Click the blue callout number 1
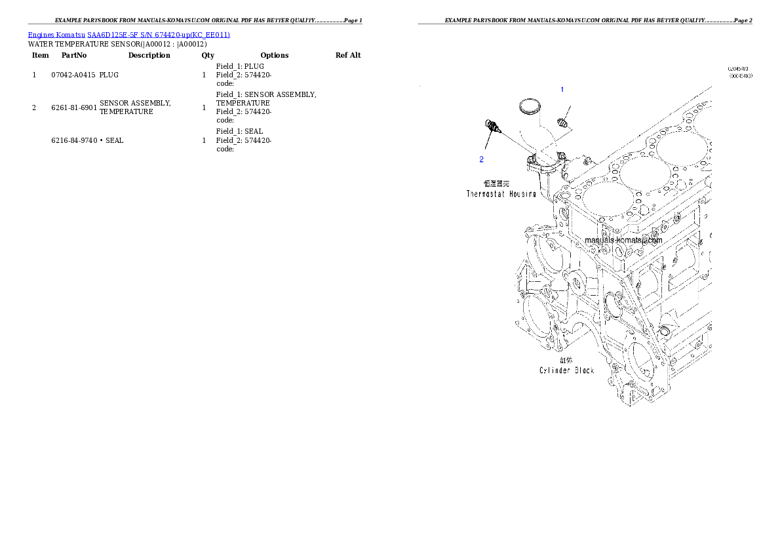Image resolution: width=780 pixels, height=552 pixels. (x=561, y=89)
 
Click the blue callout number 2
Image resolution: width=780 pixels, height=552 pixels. (x=481, y=159)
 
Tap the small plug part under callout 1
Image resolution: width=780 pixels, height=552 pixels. (x=561, y=121)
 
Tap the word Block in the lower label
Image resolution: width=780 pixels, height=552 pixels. (x=585, y=370)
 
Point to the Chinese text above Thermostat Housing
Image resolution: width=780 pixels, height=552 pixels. (x=497, y=184)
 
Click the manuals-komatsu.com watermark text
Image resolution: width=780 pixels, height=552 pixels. (x=623, y=240)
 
